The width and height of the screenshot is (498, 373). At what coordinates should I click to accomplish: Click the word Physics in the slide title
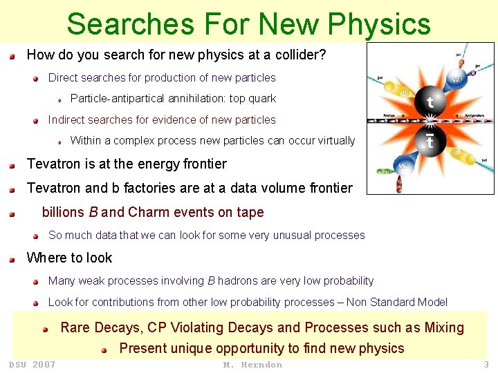[379, 24]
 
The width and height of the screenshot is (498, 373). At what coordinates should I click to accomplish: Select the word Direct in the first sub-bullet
[64, 78]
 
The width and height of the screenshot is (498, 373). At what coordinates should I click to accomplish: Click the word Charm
[148, 213]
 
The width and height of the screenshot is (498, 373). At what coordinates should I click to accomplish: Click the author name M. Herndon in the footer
[252, 365]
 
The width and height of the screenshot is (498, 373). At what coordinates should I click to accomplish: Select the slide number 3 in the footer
[486, 365]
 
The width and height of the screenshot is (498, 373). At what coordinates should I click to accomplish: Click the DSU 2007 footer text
[32, 365]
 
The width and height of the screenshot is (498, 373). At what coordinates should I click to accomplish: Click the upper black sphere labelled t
[430, 102]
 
